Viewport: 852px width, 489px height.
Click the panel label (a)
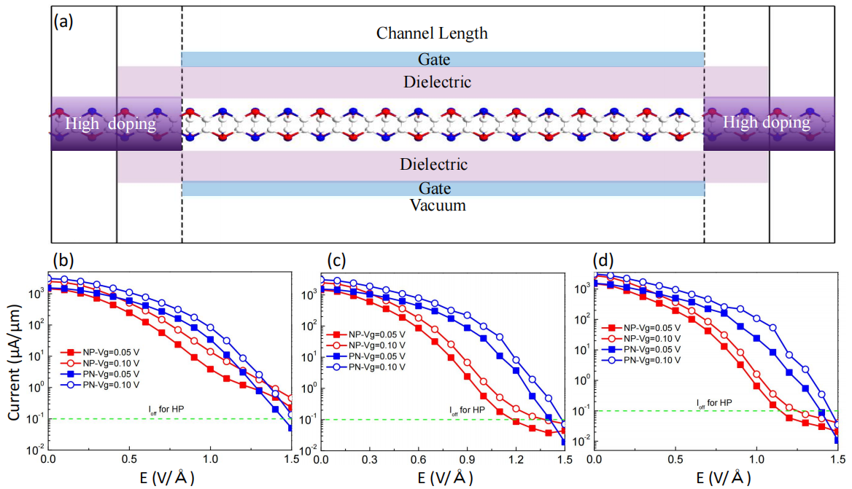(x=63, y=20)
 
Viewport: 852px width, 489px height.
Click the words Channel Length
(x=432, y=34)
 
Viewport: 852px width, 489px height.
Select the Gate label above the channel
(x=434, y=60)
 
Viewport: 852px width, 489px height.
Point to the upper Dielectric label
(x=437, y=82)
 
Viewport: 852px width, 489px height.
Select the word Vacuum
(x=437, y=206)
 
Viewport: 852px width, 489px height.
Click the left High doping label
(x=110, y=123)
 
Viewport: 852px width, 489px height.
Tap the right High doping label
(x=766, y=123)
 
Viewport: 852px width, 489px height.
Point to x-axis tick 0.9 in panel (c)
(x=466, y=460)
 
